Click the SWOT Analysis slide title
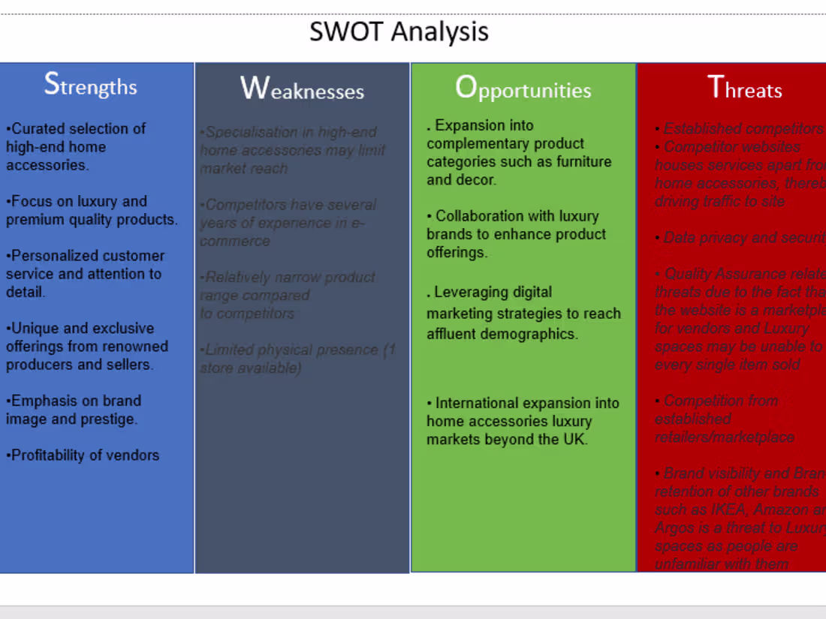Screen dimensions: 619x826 pos(399,32)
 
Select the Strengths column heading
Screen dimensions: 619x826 pos(91,85)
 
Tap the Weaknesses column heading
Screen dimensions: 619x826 pos(302,89)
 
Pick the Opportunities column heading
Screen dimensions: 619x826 pos(523,89)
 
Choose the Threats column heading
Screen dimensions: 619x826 pos(745,89)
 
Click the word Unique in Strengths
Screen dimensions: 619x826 pos(35,329)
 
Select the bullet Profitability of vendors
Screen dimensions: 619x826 pos(84,455)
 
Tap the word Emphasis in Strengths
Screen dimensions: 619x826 pos(41,401)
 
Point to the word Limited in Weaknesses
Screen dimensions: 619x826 pos(231,350)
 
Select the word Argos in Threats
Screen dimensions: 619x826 pos(675,528)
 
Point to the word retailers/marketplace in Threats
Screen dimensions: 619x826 pos(724,437)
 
